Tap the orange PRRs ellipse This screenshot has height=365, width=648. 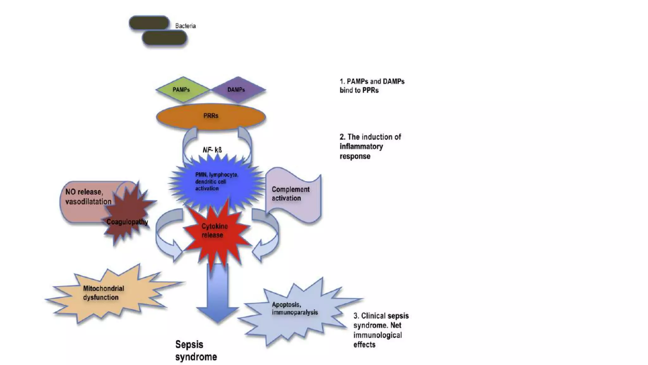[x=211, y=116]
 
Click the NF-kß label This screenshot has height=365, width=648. [x=212, y=150]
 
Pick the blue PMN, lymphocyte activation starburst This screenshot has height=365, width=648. [x=216, y=182]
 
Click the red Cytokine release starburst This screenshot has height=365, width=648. [x=215, y=231]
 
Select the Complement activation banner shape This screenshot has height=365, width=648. [x=293, y=194]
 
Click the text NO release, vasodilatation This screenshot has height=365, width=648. [x=88, y=197]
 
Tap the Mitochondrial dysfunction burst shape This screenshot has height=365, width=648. [x=104, y=293]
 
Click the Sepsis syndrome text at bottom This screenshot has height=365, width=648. [x=196, y=350]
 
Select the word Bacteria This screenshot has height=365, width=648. [x=185, y=26]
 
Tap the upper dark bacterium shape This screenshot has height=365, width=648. [x=149, y=23]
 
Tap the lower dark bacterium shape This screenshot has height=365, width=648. [x=164, y=38]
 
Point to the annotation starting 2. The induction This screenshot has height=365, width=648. [x=370, y=146]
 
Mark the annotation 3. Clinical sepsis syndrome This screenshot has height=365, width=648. [x=381, y=330]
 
